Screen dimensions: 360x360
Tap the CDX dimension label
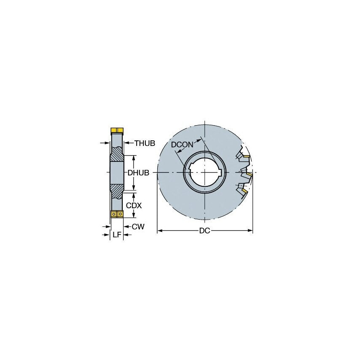[x=134, y=205]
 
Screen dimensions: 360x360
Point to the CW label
[x=138, y=227]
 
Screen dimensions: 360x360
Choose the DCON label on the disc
[x=182, y=145]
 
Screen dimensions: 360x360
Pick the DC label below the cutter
[x=205, y=231]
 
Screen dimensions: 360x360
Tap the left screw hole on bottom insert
[x=114, y=214]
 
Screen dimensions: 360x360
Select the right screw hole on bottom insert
[x=120, y=214]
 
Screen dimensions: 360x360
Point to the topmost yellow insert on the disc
[x=246, y=157]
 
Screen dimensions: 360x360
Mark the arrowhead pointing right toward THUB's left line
[x=107, y=143]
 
